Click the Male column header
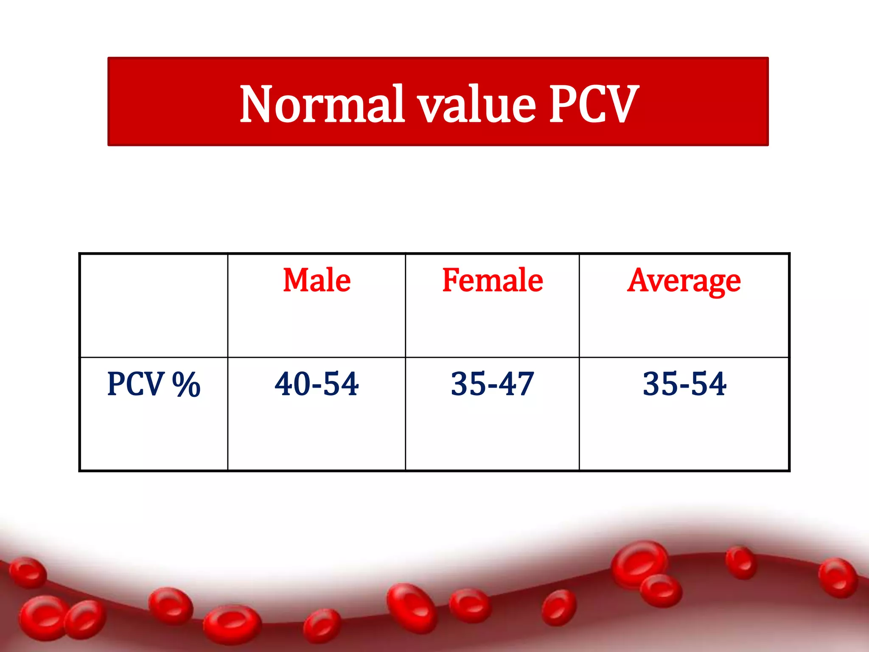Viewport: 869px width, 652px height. coord(317,280)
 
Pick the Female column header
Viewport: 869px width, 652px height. coord(492,280)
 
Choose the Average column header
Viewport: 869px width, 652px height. coord(684,281)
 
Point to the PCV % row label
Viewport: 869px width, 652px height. coord(154,384)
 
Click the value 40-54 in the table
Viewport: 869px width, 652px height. coord(317,384)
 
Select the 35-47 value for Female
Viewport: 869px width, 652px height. coord(492,384)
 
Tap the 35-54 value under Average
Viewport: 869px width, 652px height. coord(684,384)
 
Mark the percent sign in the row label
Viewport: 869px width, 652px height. coord(186,384)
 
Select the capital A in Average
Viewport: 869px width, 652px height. coord(640,280)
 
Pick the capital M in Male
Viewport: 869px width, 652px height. coord(296,280)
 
